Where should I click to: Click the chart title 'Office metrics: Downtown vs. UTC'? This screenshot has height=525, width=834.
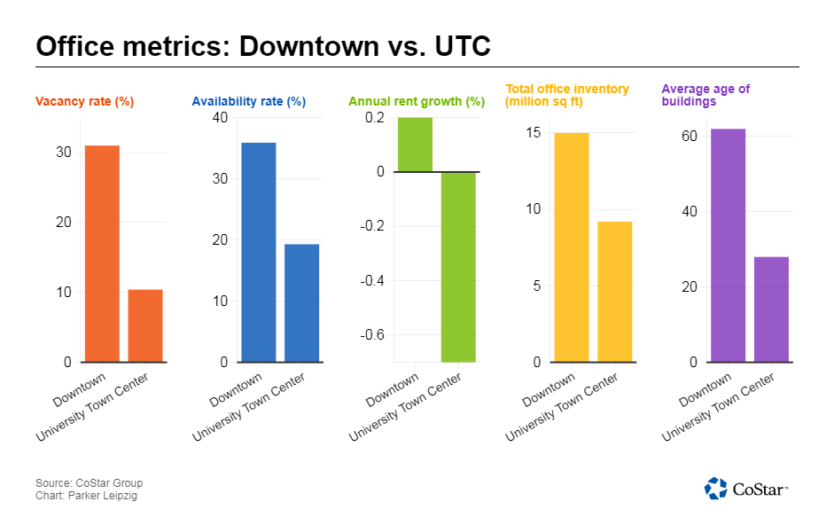pos(263,46)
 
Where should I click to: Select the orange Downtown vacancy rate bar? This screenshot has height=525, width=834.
pos(102,254)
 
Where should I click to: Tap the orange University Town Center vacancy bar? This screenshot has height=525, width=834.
pos(145,325)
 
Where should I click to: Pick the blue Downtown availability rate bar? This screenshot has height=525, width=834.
pos(259,252)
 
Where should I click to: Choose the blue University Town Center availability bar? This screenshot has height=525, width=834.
pos(302,302)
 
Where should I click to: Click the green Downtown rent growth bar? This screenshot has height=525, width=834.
pos(415,145)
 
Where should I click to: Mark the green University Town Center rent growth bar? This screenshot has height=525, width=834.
pos(458,266)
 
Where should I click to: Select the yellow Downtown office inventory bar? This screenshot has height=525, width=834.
pos(571,247)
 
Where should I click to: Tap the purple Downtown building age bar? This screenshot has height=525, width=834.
pos(728,246)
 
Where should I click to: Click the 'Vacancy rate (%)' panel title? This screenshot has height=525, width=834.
pos(84,102)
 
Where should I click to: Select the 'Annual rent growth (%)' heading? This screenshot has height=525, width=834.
pos(417,102)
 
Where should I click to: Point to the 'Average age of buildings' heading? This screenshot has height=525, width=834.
pos(706,96)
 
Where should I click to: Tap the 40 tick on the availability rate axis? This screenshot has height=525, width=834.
pos(219,118)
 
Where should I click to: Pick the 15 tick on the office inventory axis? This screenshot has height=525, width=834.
pos(533,133)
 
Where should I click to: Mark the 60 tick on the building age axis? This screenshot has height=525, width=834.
pos(689,137)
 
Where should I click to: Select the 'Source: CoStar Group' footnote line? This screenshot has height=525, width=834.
pos(89,483)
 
